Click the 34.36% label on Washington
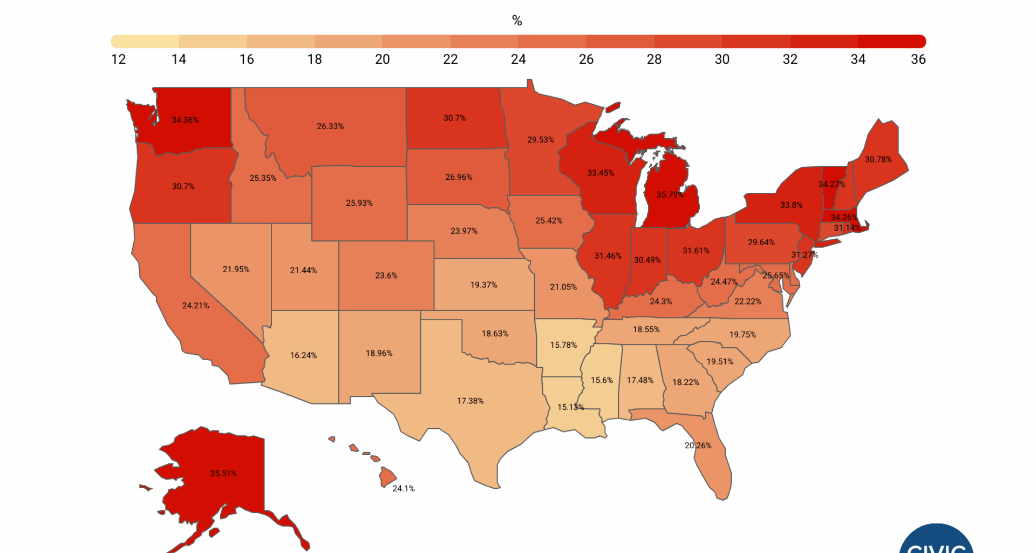click(185, 120)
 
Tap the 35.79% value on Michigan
click(670, 194)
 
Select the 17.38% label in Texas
click(470, 401)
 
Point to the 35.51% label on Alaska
click(223, 473)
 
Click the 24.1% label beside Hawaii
click(403, 488)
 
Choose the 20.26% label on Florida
click(698, 446)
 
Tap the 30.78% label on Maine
click(878, 159)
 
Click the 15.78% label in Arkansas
click(563, 345)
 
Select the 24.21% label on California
click(195, 305)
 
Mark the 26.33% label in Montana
click(330, 126)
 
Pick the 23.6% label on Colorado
click(386, 275)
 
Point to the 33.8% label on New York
click(791, 205)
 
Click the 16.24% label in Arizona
click(303, 355)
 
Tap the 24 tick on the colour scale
click(518, 59)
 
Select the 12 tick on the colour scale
click(118, 59)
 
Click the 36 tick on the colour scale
click(918, 59)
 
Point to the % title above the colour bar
click(517, 21)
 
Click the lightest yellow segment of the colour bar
click(145, 42)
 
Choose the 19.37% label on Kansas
click(483, 285)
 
